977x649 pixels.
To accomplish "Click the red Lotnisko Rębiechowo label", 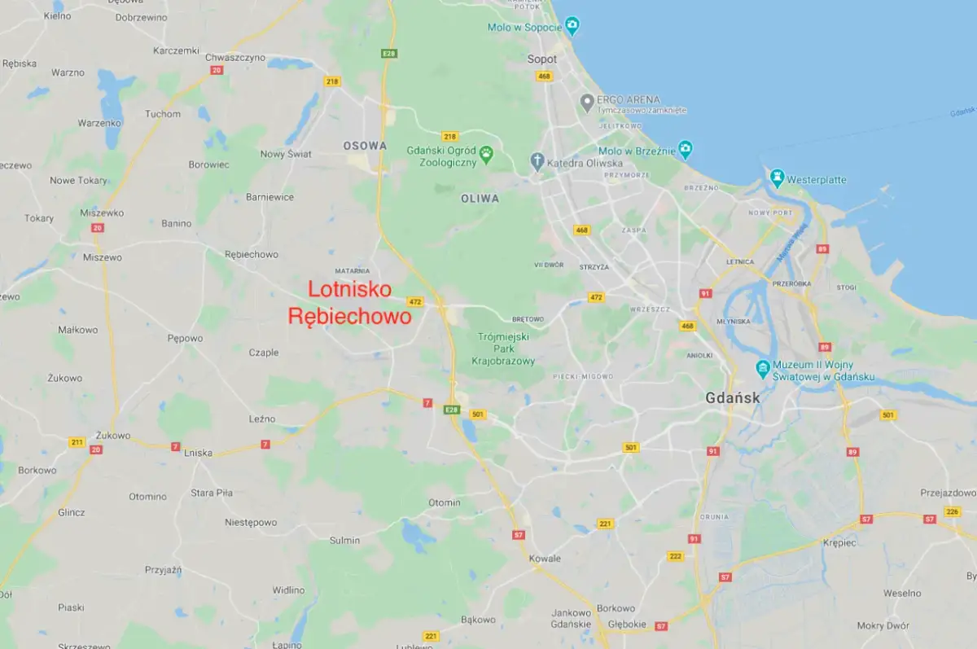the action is pos(350,303).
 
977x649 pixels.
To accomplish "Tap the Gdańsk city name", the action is pos(733,398).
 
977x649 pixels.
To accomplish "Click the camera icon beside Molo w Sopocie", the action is pos(573,26).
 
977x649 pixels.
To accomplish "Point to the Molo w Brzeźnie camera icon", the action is pos(686,150).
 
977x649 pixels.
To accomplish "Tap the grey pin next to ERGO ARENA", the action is pos(586,102).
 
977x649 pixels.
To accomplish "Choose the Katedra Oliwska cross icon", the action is pos(537,160).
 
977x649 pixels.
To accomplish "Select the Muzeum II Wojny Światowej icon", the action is pos(763,369).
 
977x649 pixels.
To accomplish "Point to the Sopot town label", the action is pos(542,59).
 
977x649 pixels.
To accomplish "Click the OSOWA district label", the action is pos(365,146).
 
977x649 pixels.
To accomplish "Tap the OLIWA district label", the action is pos(480,198).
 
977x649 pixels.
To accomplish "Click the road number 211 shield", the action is pos(77,442).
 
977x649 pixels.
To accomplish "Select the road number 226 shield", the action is pos(952,511).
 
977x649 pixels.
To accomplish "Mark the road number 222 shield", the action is pos(675,556).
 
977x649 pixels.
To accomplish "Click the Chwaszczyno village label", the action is pos(235,57).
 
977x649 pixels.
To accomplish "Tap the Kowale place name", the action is pos(545,558).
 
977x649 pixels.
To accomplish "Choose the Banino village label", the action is pos(176,223).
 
